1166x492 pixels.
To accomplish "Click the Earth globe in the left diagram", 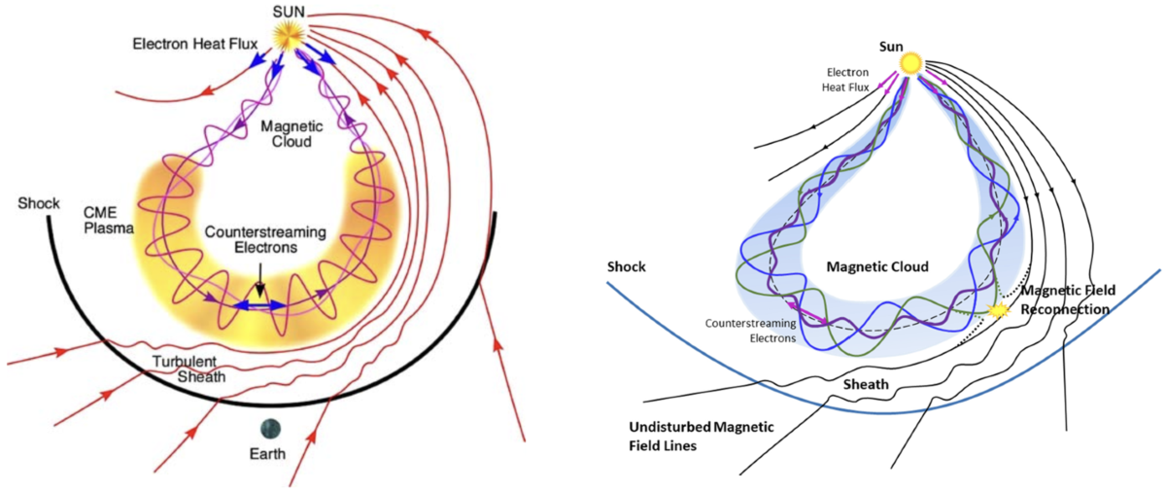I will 267,428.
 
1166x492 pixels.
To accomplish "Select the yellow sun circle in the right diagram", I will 911,62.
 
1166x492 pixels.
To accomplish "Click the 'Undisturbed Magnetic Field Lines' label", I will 692,436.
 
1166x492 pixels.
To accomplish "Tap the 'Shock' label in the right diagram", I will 627,266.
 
